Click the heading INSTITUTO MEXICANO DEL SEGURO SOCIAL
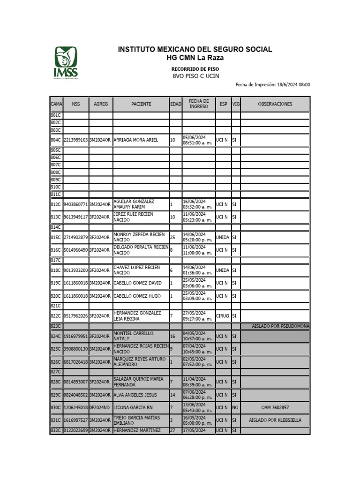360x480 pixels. click(195, 49)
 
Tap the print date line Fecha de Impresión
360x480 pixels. click(272, 85)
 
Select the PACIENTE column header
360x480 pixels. click(141, 104)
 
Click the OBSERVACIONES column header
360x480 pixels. click(275, 104)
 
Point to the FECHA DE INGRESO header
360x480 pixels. click(198, 104)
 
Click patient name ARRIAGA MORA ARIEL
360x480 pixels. click(135, 140)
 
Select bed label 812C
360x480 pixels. click(56, 204)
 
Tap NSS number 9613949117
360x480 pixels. click(75, 217)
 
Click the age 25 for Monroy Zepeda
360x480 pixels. click(172, 238)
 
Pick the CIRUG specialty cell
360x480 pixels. click(223, 316)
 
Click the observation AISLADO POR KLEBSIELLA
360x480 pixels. click(275, 420)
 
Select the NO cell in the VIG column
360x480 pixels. click(235, 408)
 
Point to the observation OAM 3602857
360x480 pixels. click(275, 408)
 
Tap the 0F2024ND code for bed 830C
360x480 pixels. click(100, 408)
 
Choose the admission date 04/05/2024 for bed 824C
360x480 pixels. click(194, 333)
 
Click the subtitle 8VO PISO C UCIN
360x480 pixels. click(195, 76)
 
